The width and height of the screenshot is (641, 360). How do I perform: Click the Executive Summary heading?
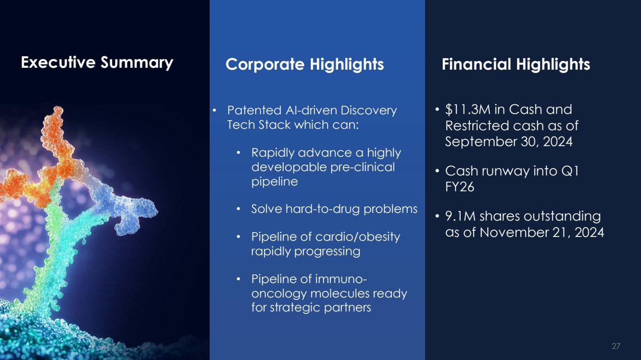pos(97,62)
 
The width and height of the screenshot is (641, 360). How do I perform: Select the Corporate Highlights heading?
pos(304,64)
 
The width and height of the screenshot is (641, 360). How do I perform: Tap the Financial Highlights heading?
pos(515,64)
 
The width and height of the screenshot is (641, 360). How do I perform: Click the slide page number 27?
pos(616,346)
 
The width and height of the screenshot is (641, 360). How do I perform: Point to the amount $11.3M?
pos(467,110)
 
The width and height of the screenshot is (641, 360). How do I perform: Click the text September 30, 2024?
pos(508,141)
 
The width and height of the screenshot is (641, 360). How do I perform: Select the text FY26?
pos(460,186)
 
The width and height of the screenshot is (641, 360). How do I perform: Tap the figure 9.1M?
pos(460,216)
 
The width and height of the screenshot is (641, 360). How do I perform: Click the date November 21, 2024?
pos(542,232)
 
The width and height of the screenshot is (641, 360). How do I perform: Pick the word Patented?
pos(254,110)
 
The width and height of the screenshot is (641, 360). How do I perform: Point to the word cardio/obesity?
pos(357,237)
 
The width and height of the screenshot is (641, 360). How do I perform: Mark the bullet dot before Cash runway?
pos(437,171)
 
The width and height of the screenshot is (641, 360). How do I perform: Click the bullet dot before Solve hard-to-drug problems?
pos(239,209)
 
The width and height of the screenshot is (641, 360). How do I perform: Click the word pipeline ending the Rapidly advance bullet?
pos(275,182)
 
